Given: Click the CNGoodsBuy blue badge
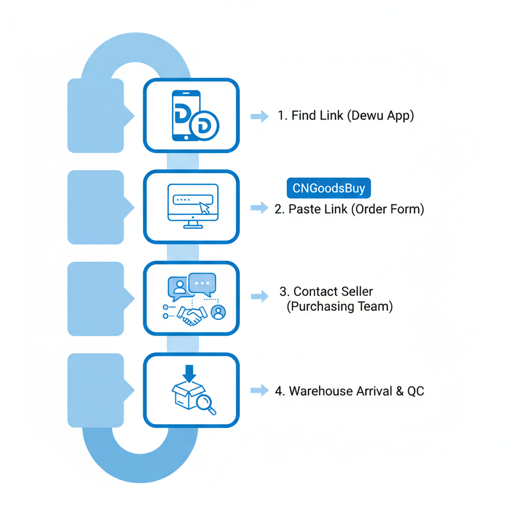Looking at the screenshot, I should tap(328, 188).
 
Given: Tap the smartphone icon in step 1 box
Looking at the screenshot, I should tap(185, 115).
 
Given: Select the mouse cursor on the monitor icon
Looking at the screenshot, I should tap(204, 208).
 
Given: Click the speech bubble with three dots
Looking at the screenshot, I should tap(202, 284).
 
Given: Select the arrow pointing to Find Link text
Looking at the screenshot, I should tap(260, 116).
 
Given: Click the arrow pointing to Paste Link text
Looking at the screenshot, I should tap(260, 208).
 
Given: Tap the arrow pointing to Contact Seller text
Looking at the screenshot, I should tap(260, 296).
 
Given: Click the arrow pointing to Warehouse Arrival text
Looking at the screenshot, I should tap(260, 390).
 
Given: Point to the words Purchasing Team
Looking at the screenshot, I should tap(340, 306).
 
